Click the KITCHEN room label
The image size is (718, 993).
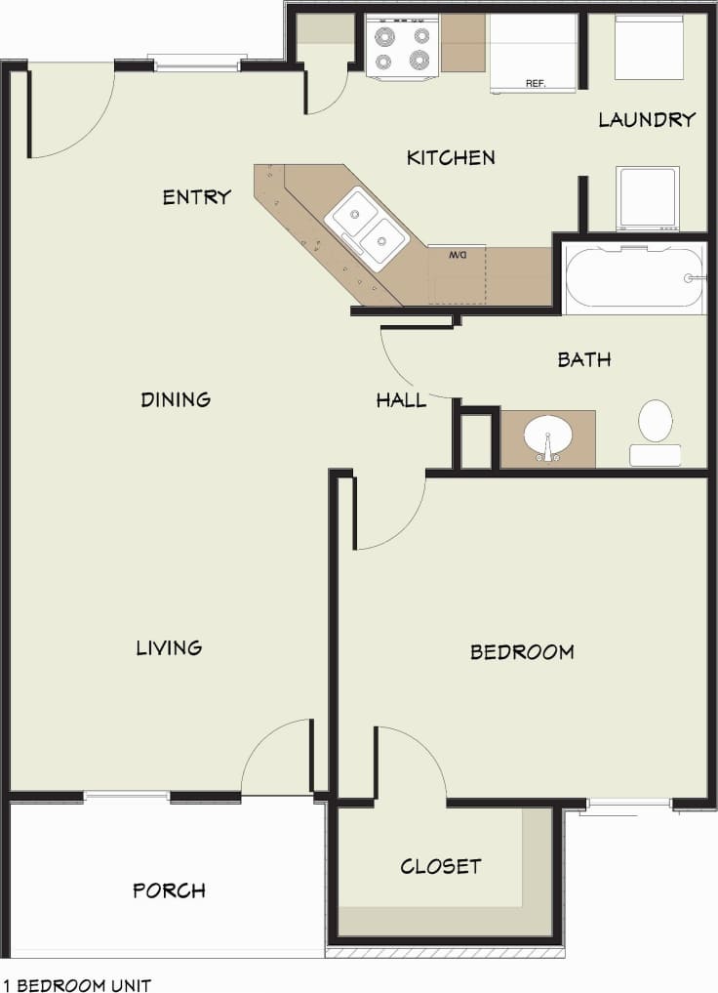[x=451, y=157]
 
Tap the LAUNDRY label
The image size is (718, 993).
[x=647, y=120]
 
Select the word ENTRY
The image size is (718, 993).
[x=196, y=197]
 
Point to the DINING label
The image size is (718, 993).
[x=176, y=399]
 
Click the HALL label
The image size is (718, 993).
[x=401, y=400]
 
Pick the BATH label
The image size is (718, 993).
[x=584, y=359]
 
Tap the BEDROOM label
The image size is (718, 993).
[x=522, y=652]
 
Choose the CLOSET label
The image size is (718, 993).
[x=440, y=866]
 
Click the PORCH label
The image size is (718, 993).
[x=169, y=890]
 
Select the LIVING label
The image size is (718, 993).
[x=169, y=647]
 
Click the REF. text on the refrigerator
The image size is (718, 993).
[x=536, y=84]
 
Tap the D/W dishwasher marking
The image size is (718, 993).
[x=459, y=255]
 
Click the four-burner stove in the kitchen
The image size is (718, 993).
[x=402, y=46]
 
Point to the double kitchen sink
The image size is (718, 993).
[x=366, y=224]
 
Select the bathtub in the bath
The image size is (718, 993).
[x=633, y=278]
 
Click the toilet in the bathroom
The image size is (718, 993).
[x=656, y=431]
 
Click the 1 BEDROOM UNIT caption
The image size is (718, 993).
[x=77, y=985]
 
